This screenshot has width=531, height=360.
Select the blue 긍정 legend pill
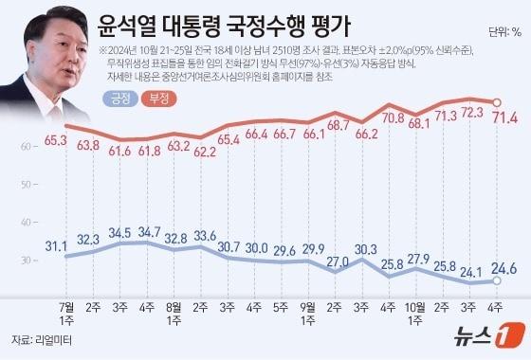click(x=121, y=97)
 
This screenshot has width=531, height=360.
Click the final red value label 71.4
click(x=500, y=117)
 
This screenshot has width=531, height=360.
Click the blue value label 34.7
click(x=149, y=230)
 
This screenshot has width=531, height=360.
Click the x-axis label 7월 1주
click(x=66, y=313)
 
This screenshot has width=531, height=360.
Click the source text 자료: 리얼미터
click(x=42, y=338)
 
